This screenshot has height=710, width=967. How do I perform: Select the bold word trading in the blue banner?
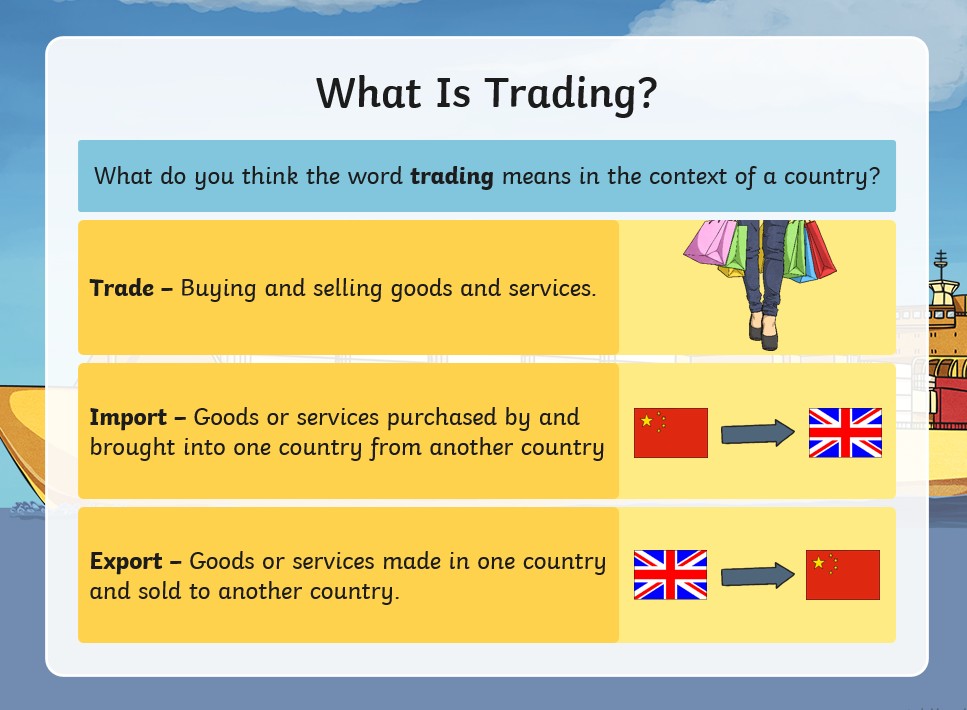452,177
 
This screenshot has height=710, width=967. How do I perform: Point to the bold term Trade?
121,288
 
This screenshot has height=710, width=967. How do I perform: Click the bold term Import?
128,418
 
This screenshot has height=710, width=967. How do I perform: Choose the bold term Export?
126,562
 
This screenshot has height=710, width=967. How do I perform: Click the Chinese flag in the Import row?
670,433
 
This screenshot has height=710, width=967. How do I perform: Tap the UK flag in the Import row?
845,433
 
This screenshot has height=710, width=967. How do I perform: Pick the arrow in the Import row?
758,433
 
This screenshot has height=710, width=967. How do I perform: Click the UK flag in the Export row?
670,575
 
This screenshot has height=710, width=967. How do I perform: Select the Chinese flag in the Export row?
842,575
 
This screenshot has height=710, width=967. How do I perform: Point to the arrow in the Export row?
758,575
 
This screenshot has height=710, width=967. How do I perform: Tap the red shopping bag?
820,249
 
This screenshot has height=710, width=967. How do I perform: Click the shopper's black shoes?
763,332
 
